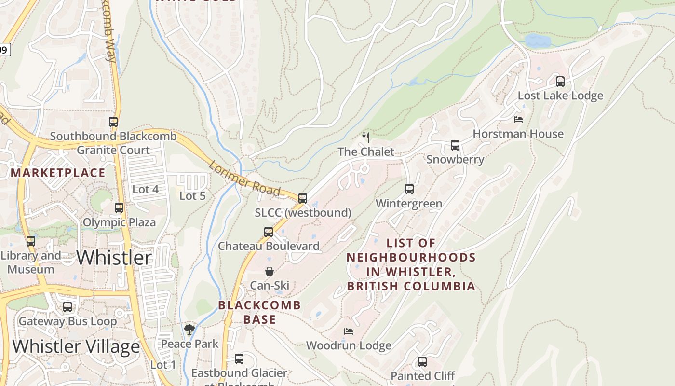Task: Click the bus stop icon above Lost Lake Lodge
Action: tap(560, 82)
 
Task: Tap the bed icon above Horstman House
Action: tap(518, 119)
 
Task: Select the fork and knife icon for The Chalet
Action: tap(366, 138)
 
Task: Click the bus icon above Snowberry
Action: tap(455, 145)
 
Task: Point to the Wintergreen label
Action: tap(409, 204)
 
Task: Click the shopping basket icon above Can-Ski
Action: tap(270, 272)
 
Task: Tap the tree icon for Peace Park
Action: tap(189, 330)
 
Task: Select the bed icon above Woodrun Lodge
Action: tap(349, 331)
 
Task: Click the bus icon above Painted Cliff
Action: tap(422, 362)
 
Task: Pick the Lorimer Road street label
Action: tap(244, 179)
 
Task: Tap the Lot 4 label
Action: tap(145, 190)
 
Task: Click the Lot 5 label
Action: tap(192, 196)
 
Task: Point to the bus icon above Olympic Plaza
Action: tap(119, 208)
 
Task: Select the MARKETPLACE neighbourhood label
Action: tap(58, 173)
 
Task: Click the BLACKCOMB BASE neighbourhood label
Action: tap(259, 312)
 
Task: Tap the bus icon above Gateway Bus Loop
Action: tap(67, 307)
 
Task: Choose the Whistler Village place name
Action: tap(76, 346)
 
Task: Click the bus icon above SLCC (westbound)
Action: tap(303, 198)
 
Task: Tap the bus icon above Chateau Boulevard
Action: tap(269, 232)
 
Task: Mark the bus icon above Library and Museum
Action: tap(31, 241)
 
